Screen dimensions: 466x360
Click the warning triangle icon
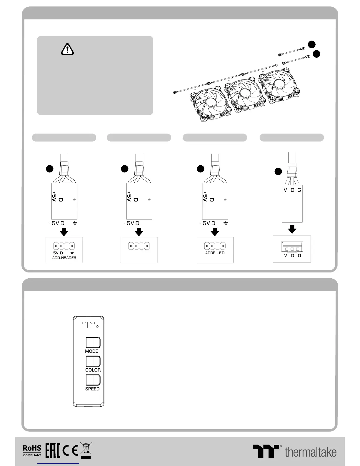(67, 49)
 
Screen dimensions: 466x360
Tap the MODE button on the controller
(93, 343)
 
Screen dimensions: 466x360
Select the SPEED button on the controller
(93, 380)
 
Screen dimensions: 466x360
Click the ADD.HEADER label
(64, 258)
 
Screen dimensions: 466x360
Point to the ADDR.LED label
(215, 253)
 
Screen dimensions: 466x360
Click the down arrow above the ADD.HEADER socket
(64, 232)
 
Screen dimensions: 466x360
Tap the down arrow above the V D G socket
(292, 229)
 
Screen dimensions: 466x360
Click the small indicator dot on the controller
(97, 326)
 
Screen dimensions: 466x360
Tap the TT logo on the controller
(89, 325)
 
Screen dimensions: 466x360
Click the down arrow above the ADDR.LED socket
(215, 232)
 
